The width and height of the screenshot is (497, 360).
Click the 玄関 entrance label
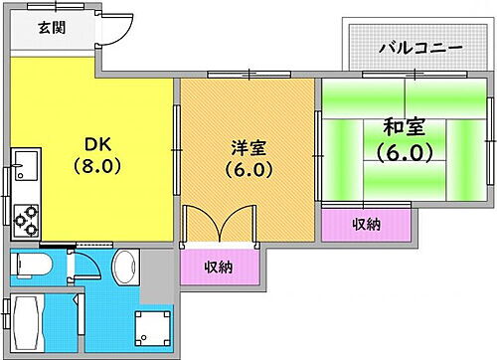(52, 28)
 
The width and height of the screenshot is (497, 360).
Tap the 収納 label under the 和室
(366, 225)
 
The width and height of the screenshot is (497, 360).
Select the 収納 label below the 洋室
(220, 266)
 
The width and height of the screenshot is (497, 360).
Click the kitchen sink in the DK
(25, 162)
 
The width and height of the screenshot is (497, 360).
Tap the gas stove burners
(25, 215)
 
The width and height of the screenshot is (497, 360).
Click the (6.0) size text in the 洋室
(248, 169)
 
